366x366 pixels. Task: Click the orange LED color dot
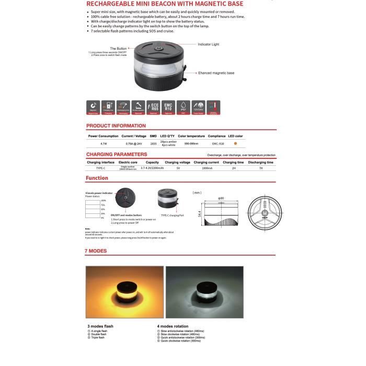click(x=235, y=143)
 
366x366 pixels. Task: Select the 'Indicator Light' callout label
click(x=212, y=45)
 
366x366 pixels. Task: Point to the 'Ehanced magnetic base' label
click(x=216, y=73)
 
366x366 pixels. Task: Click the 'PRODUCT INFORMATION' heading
click(x=116, y=126)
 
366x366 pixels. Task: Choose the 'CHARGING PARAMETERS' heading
click(x=117, y=154)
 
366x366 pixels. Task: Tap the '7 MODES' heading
click(x=96, y=251)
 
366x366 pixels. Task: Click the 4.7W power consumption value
click(x=104, y=143)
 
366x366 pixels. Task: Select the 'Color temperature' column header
click(x=191, y=136)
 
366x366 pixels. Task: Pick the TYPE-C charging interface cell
click(x=100, y=168)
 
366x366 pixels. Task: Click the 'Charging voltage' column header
click(x=178, y=162)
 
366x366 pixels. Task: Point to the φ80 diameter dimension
click(x=221, y=198)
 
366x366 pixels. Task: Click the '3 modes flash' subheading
click(x=100, y=326)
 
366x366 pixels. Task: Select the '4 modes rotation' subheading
click(x=173, y=326)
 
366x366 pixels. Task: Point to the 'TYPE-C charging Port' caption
click(x=172, y=215)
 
